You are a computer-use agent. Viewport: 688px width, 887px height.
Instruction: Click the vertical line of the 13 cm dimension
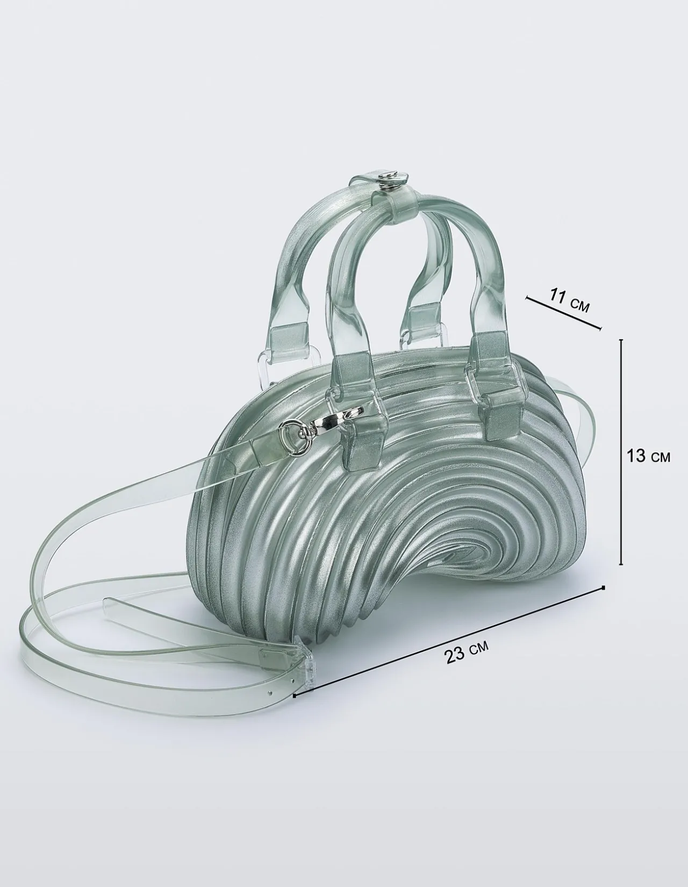point(621,457)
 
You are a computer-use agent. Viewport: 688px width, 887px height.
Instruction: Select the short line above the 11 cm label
point(564,313)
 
